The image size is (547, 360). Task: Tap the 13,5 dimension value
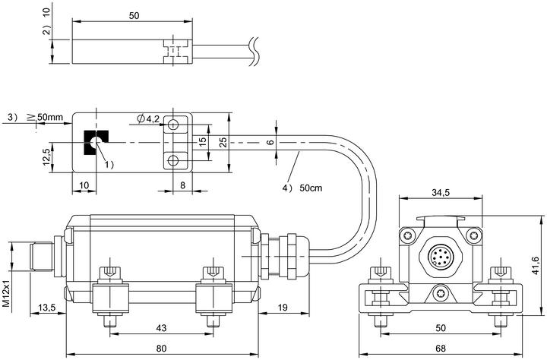click(47, 308)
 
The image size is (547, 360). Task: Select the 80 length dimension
click(161, 348)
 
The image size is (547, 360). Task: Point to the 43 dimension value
click(161, 328)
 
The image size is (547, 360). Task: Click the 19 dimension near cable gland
click(283, 308)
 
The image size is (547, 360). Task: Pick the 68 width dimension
click(441, 348)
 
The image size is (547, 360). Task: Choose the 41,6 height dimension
click(536, 266)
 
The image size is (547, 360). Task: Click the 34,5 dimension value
click(441, 192)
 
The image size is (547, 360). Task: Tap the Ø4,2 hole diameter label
click(149, 118)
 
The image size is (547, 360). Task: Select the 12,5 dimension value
click(47, 157)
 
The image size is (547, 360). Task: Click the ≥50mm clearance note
click(45, 116)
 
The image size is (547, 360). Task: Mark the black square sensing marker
click(96, 143)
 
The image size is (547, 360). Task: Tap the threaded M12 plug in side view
click(42, 257)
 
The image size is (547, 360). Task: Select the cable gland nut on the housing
click(292, 256)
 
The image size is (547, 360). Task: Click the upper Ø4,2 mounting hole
click(173, 124)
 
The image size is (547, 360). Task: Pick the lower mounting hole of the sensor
click(173, 160)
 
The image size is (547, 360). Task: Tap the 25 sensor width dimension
click(223, 142)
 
